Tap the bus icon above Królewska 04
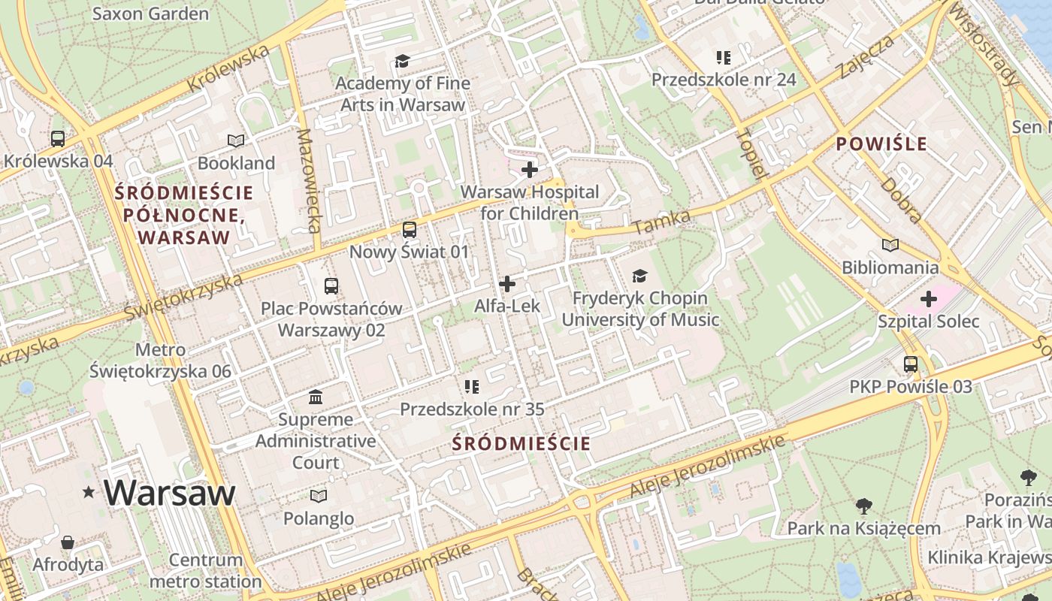(x=58, y=139)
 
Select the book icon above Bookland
(x=236, y=140)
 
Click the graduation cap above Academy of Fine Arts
(x=403, y=61)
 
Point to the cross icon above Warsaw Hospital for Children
(x=530, y=170)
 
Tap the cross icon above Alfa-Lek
(x=507, y=284)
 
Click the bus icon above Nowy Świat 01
(x=409, y=230)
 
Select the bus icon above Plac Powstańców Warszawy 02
(x=331, y=286)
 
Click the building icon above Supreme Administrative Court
(x=316, y=397)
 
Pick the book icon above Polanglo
(x=319, y=496)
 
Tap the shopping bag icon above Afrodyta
(x=68, y=542)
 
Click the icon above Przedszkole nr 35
(x=472, y=387)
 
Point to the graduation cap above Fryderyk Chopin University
(x=639, y=276)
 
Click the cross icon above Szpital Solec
(x=929, y=299)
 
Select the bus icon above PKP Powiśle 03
(x=911, y=364)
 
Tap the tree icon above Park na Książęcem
(x=863, y=506)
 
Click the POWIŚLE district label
(x=881, y=143)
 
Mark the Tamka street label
(x=662, y=222)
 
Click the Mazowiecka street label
(x=309, y=180)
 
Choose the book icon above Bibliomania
(x=890, y=245)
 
